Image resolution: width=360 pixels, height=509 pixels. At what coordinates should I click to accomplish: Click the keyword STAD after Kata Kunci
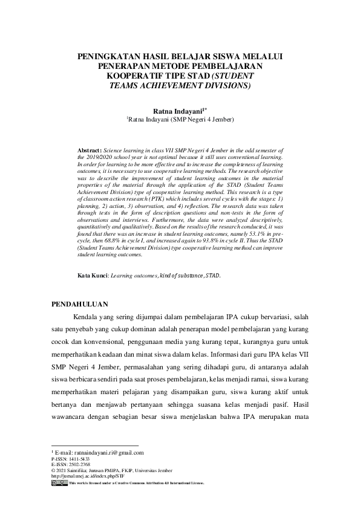tap(212, 275)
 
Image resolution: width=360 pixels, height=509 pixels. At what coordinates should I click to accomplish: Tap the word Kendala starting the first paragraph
tap(87, 316)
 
